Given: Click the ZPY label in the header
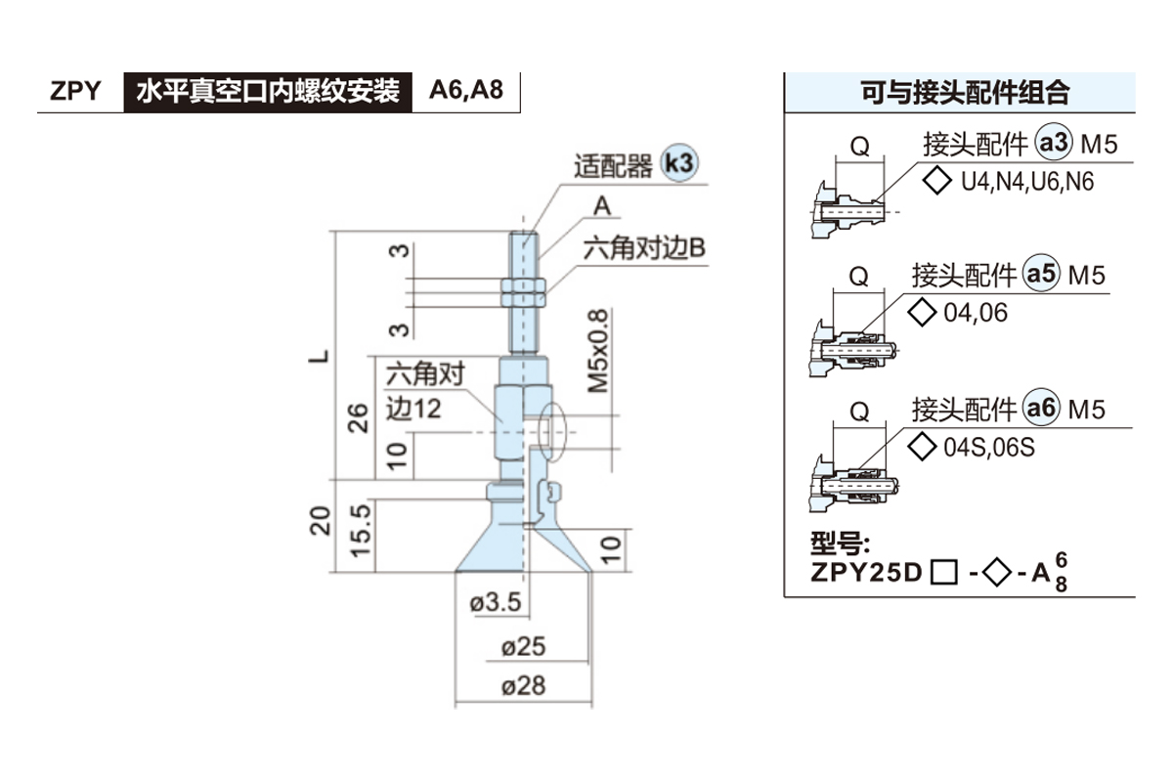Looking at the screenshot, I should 76,92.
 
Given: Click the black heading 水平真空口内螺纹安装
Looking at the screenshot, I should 268,92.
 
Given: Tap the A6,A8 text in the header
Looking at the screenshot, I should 466,92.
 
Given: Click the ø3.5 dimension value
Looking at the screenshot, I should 496,603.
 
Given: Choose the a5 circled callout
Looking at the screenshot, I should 1041,276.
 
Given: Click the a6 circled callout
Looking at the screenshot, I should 1041,409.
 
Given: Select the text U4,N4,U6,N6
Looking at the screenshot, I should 1027,183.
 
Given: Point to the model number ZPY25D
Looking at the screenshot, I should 866,572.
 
